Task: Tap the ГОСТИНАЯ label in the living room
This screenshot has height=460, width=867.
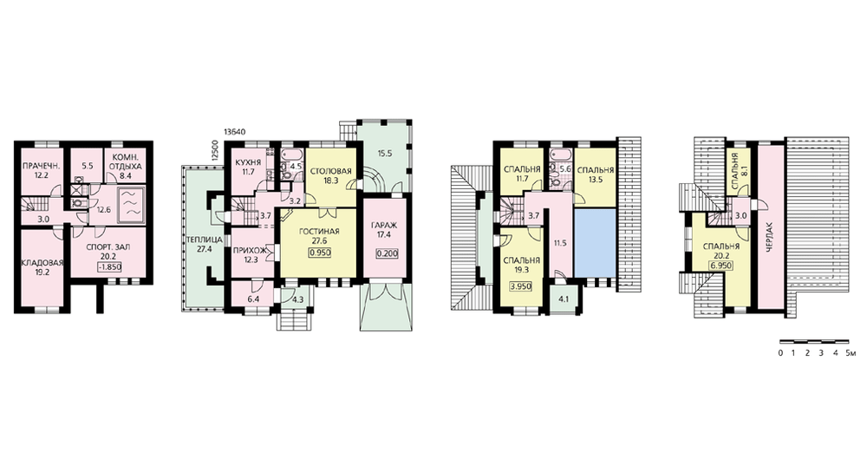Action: pos(321,232)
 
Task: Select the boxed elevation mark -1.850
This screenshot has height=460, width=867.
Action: pos(109,267)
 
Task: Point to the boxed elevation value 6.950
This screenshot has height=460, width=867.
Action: pos(721,266)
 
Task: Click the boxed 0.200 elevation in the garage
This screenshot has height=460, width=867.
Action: pos(386,254)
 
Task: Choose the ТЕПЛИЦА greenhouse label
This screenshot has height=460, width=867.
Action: pos(205,240)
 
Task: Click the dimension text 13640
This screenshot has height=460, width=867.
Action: pos(234,132)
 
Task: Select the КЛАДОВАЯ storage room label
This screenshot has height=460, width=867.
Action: pos(42,263)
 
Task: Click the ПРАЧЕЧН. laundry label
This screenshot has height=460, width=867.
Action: pos(41,166)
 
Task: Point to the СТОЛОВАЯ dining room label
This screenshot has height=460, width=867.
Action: pos(330,171)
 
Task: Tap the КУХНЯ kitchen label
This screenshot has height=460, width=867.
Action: pos(248,163)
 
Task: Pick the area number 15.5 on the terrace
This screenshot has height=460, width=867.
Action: pos(385,154)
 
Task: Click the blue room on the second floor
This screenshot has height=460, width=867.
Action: pos(595,242)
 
